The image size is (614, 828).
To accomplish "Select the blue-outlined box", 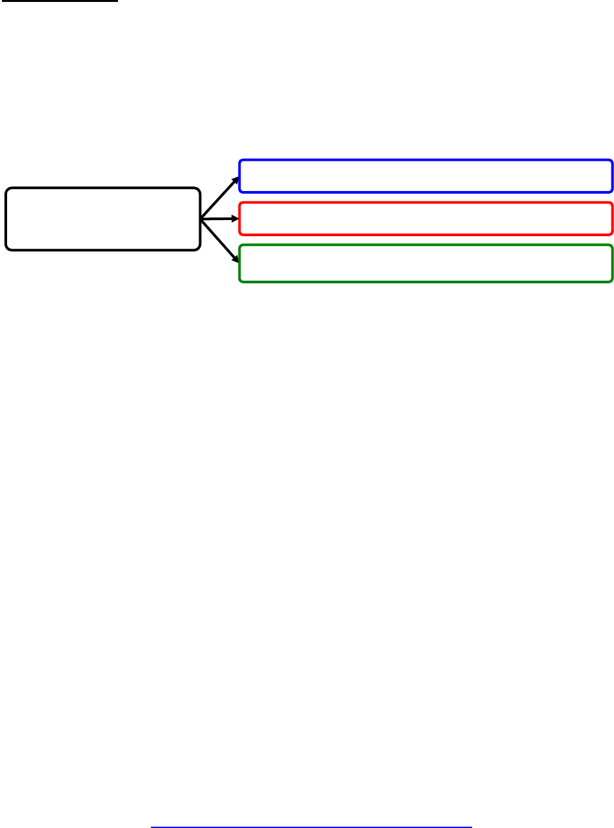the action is tap(425, 176).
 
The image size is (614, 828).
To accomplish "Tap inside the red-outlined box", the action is tap(425, 218).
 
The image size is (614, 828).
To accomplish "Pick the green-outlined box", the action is tap(425, 263).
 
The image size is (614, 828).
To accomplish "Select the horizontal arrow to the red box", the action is tap(219, 219).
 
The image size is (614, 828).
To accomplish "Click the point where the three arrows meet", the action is tap(202, 220).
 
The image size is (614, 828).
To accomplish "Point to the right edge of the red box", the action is tap(612, 218).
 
